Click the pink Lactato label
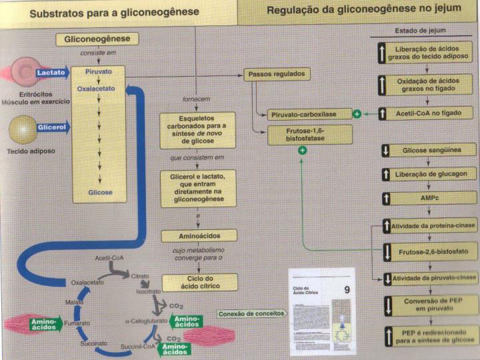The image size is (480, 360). pos(51,71)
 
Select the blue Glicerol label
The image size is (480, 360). pos(51,127)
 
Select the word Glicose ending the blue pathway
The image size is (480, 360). pos(100,193)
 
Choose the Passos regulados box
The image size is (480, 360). pos(276,75)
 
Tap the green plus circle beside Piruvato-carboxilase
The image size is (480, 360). pos(357,115)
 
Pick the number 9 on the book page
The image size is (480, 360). pos(346,289)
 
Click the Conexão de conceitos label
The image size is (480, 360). pos(250,313)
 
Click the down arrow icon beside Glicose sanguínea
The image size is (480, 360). pos(385,151)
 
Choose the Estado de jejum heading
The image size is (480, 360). pos(421,31)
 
